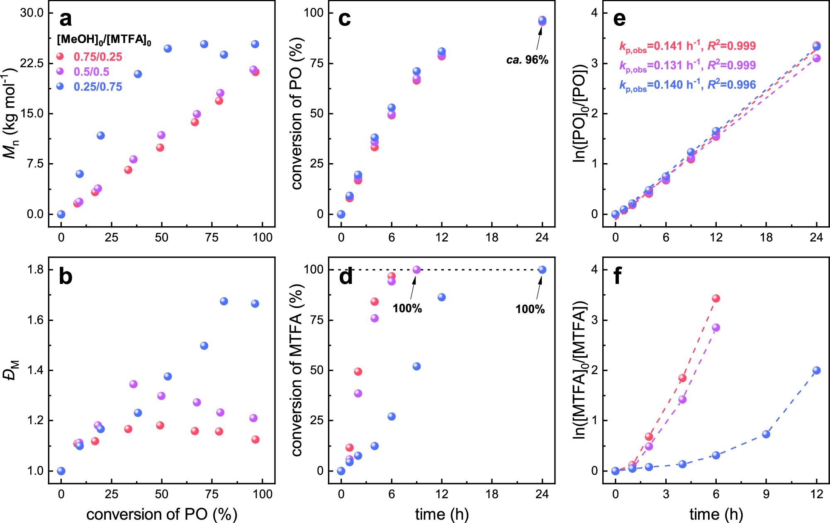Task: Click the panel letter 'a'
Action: (x=66, y=19)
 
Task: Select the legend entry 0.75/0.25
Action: (x=97, y=57)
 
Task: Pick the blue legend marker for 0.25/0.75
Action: (x=60, y=86)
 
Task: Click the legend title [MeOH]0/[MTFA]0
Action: (x=104, y=40)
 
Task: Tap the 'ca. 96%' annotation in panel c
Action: (x=527, y=60)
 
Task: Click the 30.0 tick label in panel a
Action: (x=32, y=13)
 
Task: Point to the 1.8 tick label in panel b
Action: (x=35, y=270)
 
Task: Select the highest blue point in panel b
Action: (x=224, y=301)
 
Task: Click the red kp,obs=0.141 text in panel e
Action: (x=687, y=46)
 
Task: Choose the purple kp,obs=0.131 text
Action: (x=687, y=66)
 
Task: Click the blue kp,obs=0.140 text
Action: (x=687, y=85)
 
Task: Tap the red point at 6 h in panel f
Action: (x=716, y=298)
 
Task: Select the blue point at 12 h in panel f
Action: (x=816, y=370)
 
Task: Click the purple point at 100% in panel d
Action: (x=416, y=270)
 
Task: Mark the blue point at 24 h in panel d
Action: (x=542, y=270)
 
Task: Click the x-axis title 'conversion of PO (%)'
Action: (x=162, y=514)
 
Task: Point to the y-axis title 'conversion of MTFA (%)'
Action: (x=296, y=370)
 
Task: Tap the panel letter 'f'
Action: (x=618, y=276)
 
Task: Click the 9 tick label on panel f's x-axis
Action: (x=766, y=494)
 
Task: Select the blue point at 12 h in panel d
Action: (x=442, y=297)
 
